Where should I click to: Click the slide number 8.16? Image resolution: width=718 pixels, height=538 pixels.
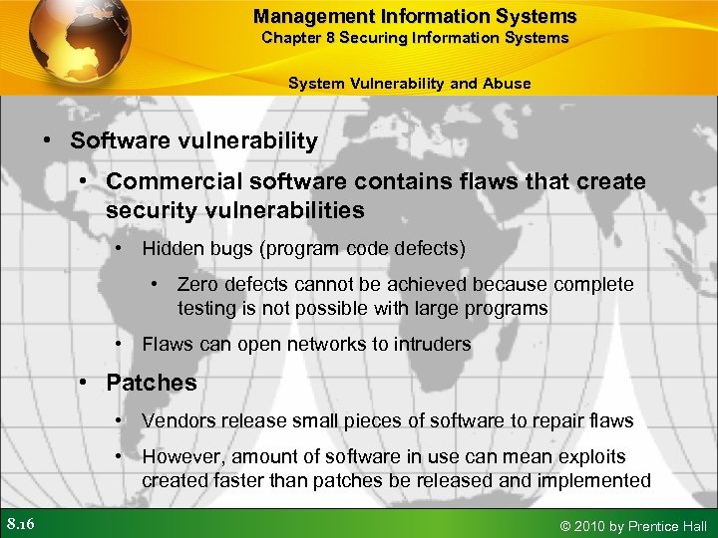tap(21, 524)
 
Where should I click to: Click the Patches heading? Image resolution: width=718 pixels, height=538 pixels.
tap(152, 383)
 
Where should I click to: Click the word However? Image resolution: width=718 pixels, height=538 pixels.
tap(182, 457)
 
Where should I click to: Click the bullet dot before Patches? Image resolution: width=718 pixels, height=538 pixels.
tap(86, 383)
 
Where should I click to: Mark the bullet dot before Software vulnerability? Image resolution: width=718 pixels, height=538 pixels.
tap(48, 141)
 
